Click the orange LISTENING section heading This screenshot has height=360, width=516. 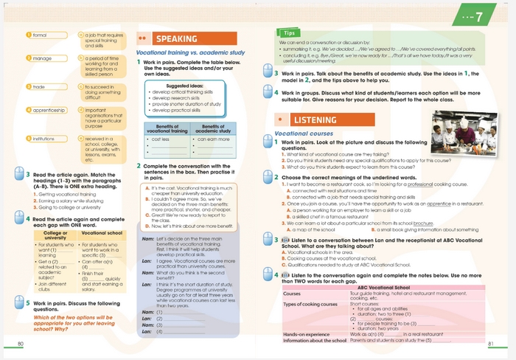(x=315, y=120)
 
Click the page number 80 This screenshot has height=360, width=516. (x=21, y=344)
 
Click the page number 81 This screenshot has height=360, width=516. (x=492, y=344)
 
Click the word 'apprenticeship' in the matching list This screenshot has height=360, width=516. (x=50, y=111)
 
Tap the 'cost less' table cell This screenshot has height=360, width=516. (x=161, y=139)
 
